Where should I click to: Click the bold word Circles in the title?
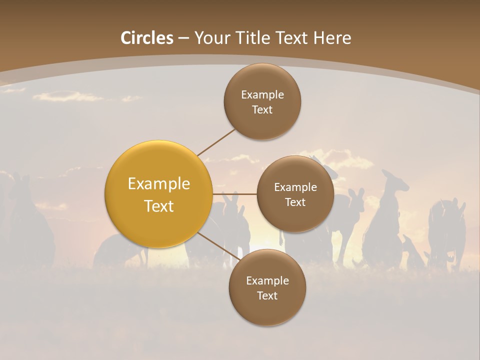tap(147, 38)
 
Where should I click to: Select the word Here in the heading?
tap(332, 38)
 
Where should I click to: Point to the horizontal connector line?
tap(235, 194)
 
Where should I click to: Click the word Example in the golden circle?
tap(159, 184)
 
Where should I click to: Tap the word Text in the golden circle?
tap(159, 206)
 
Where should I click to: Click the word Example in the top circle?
tap(262, 95)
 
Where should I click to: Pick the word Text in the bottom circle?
tap(267, 296)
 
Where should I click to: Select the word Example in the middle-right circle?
tap(295, 187)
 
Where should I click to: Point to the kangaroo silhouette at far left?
tap(30, 225)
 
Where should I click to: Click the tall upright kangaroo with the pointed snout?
tap(385, 220)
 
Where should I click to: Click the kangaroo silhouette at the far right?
tap(447, 232)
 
